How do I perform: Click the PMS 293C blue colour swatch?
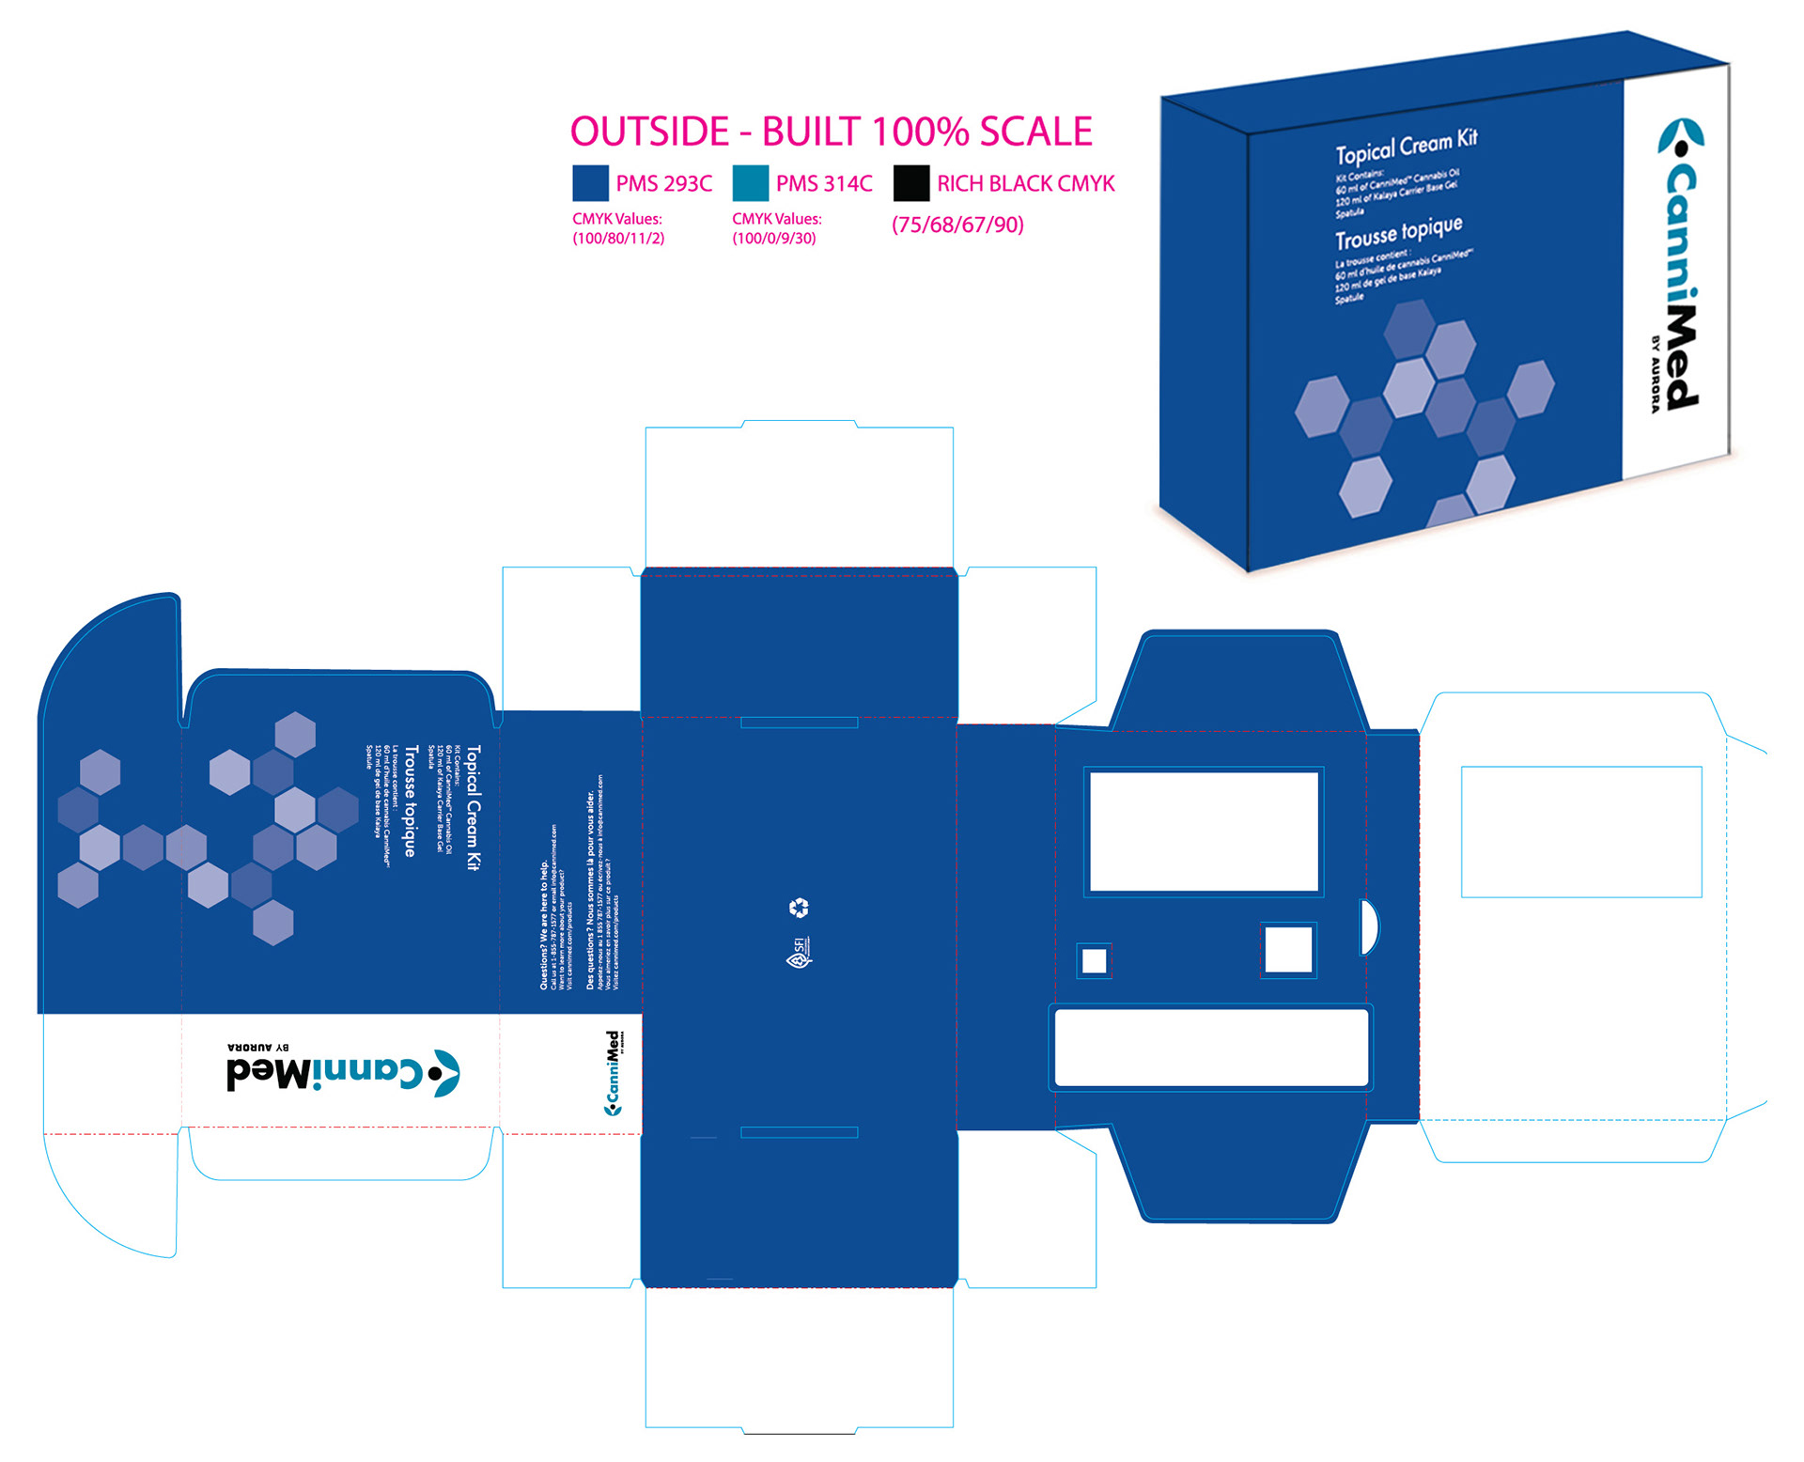point(590,183)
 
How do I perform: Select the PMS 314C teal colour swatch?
point(750,183)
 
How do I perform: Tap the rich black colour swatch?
point(910,183)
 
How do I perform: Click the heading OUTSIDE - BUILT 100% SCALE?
point(831,132)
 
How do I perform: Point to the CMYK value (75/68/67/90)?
point(957,225)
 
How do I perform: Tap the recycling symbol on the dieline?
point(799,908)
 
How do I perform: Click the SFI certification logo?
point(799,953)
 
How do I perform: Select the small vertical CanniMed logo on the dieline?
point(613,1073)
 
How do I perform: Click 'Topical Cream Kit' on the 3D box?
point(1407,146)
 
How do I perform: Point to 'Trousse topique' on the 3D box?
point(1398,231)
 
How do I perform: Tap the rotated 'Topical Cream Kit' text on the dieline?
point(474,808)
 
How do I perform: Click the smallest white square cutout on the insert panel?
point(1094,960)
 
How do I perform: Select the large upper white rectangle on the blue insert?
point(1204,832)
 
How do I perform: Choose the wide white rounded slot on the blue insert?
point(1211,1048)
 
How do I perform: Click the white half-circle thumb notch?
point(1369,927)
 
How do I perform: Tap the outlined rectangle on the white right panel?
point(1581,832)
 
